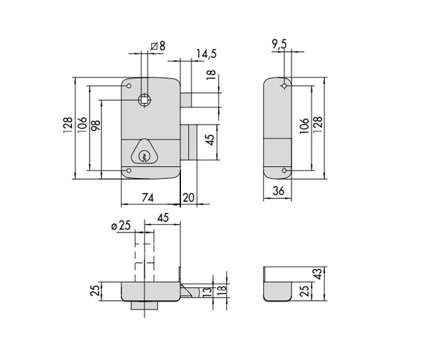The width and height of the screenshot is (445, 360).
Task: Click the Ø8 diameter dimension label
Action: click(x=156, y=46)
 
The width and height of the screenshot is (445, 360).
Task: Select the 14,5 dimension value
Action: click(x=207, y=54)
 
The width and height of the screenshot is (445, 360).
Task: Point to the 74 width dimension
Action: click(x=148, y=197)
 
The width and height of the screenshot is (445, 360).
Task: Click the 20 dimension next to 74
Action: click(x=188, y=197)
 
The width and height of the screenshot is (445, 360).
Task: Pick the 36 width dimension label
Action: click(x=279, y=192)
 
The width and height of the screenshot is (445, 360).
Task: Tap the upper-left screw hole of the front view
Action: click(x=130, y=87)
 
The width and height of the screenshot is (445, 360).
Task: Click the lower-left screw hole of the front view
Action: click(x=130, y=171)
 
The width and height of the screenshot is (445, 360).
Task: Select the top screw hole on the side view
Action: click(x=283, y=87)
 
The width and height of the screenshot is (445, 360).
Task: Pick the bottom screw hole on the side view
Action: click(x=283, y=171)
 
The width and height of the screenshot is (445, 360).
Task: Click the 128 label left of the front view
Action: click(x=67, y=127)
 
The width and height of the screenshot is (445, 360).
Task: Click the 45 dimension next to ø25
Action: click(x=163, y=217)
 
